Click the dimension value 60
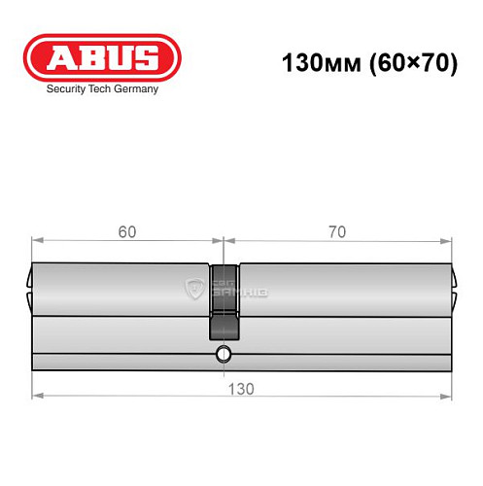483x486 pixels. [127, 232]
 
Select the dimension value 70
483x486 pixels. [337, 232]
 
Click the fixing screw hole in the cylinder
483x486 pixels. [223, 353]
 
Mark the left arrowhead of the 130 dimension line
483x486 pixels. [37, 397]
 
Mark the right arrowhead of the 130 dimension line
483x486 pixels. [447, 397]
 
